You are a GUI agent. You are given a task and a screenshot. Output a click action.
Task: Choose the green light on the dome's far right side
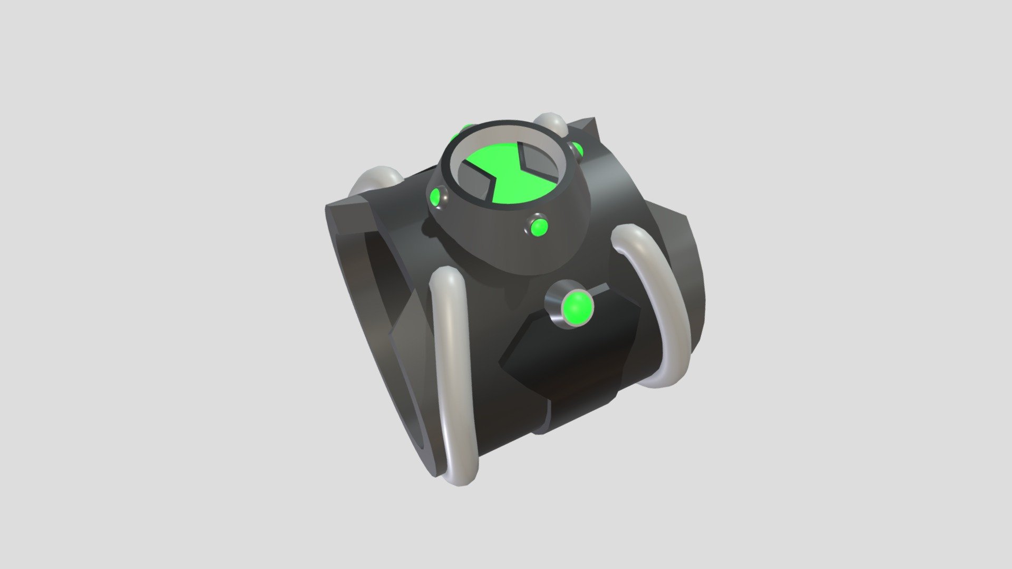(x=578, y=150)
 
